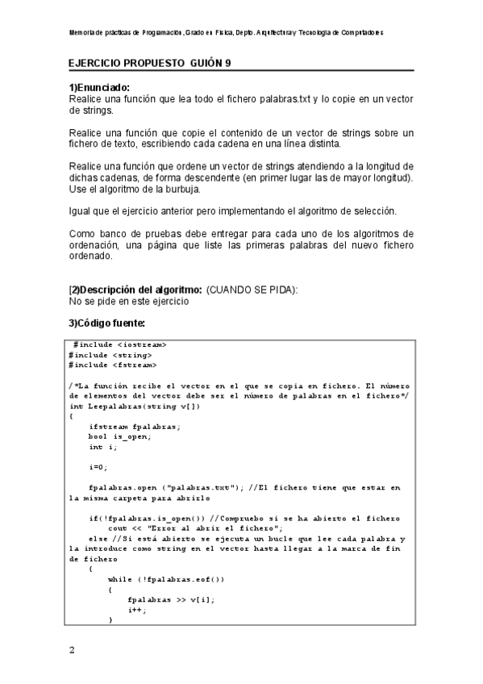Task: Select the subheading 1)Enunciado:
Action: [x=100, y=88]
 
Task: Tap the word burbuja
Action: [x=180, y=190]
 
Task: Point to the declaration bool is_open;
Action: [x=120, y=436]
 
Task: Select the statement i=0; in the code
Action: [x=98, y=467]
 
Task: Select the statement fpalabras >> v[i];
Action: [x=172, y=599]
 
